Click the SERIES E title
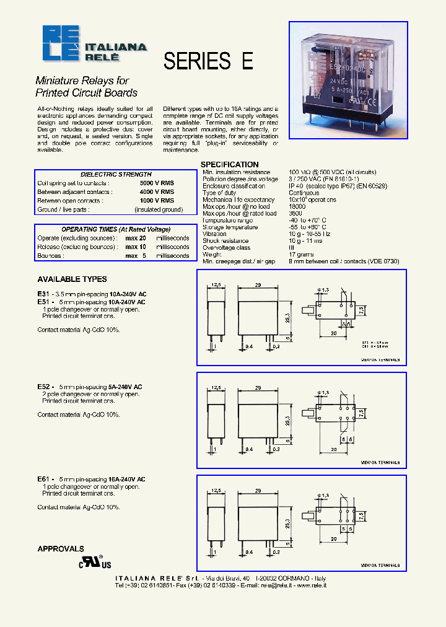click(208, 61)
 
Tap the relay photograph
click(349, 80)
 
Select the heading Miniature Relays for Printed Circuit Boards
click(86, 87)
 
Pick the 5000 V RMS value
click(157, 183)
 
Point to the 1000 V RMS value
click(157, 201)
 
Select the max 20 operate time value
click(136, 238)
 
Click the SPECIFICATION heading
click(229, 164)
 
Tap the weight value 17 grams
click(301, 255)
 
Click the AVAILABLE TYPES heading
click(72, 279)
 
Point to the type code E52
click(44, 387)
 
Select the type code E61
click(44, 480)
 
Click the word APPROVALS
click(60, 549)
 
